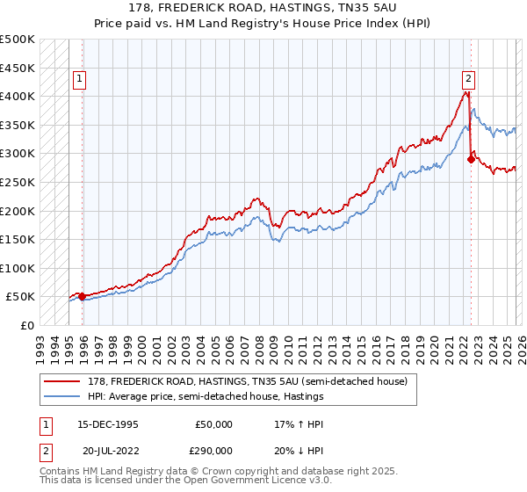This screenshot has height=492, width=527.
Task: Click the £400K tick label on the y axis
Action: click(x=18, y=96)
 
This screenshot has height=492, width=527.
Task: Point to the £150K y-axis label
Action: click(x=18, y=239)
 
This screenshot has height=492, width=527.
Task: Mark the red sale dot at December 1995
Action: click(x=83, y=297)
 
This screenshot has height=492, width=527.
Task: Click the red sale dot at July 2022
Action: click(x=471, y=159)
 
